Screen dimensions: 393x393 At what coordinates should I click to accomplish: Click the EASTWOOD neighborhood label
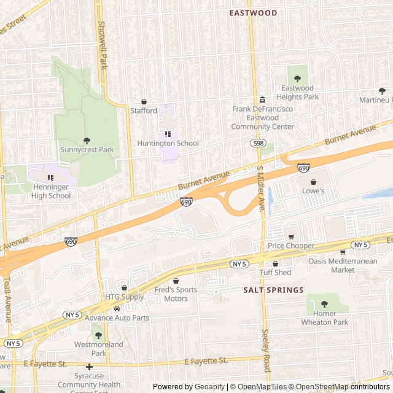point(253,12)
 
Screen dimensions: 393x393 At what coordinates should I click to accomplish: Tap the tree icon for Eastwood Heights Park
point(298,79)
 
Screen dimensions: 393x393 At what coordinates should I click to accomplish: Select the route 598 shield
point(258,142)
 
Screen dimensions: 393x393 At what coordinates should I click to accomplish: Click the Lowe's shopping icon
point(314,182)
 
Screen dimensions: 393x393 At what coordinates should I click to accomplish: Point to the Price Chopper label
point(290,246)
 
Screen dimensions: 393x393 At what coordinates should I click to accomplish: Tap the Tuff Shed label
point(274,273)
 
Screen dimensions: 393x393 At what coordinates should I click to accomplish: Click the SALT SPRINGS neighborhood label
point(273,290)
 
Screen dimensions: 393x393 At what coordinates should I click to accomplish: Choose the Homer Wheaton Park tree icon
point(324,304)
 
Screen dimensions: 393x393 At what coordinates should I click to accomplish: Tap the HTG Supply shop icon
point(125,287)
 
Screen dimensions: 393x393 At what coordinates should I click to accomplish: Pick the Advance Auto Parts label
point(117,318)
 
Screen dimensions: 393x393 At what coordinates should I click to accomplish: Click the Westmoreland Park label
point(99,349)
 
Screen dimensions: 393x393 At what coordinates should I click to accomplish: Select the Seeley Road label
point(267,351)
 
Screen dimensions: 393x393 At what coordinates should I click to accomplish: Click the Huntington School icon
point(168,134)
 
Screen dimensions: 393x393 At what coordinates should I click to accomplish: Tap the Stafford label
point(144,111)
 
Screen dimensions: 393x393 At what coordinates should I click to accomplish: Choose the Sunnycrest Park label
point(87,149)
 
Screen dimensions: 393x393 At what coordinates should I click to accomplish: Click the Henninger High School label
point(51,192)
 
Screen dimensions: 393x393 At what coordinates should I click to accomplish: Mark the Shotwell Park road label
point(102,45)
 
